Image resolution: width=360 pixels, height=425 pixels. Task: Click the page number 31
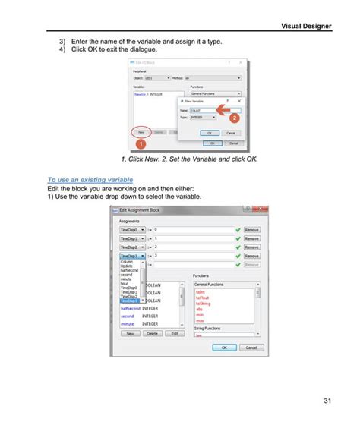point(327,401)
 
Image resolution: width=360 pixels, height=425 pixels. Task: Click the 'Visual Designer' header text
point(306,26)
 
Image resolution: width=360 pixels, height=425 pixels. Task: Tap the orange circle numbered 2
point(235,118)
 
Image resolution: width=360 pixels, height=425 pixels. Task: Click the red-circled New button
point(140,131)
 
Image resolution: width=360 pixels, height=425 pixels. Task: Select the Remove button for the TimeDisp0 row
point(252,228)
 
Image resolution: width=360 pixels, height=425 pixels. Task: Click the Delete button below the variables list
point(152,333)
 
